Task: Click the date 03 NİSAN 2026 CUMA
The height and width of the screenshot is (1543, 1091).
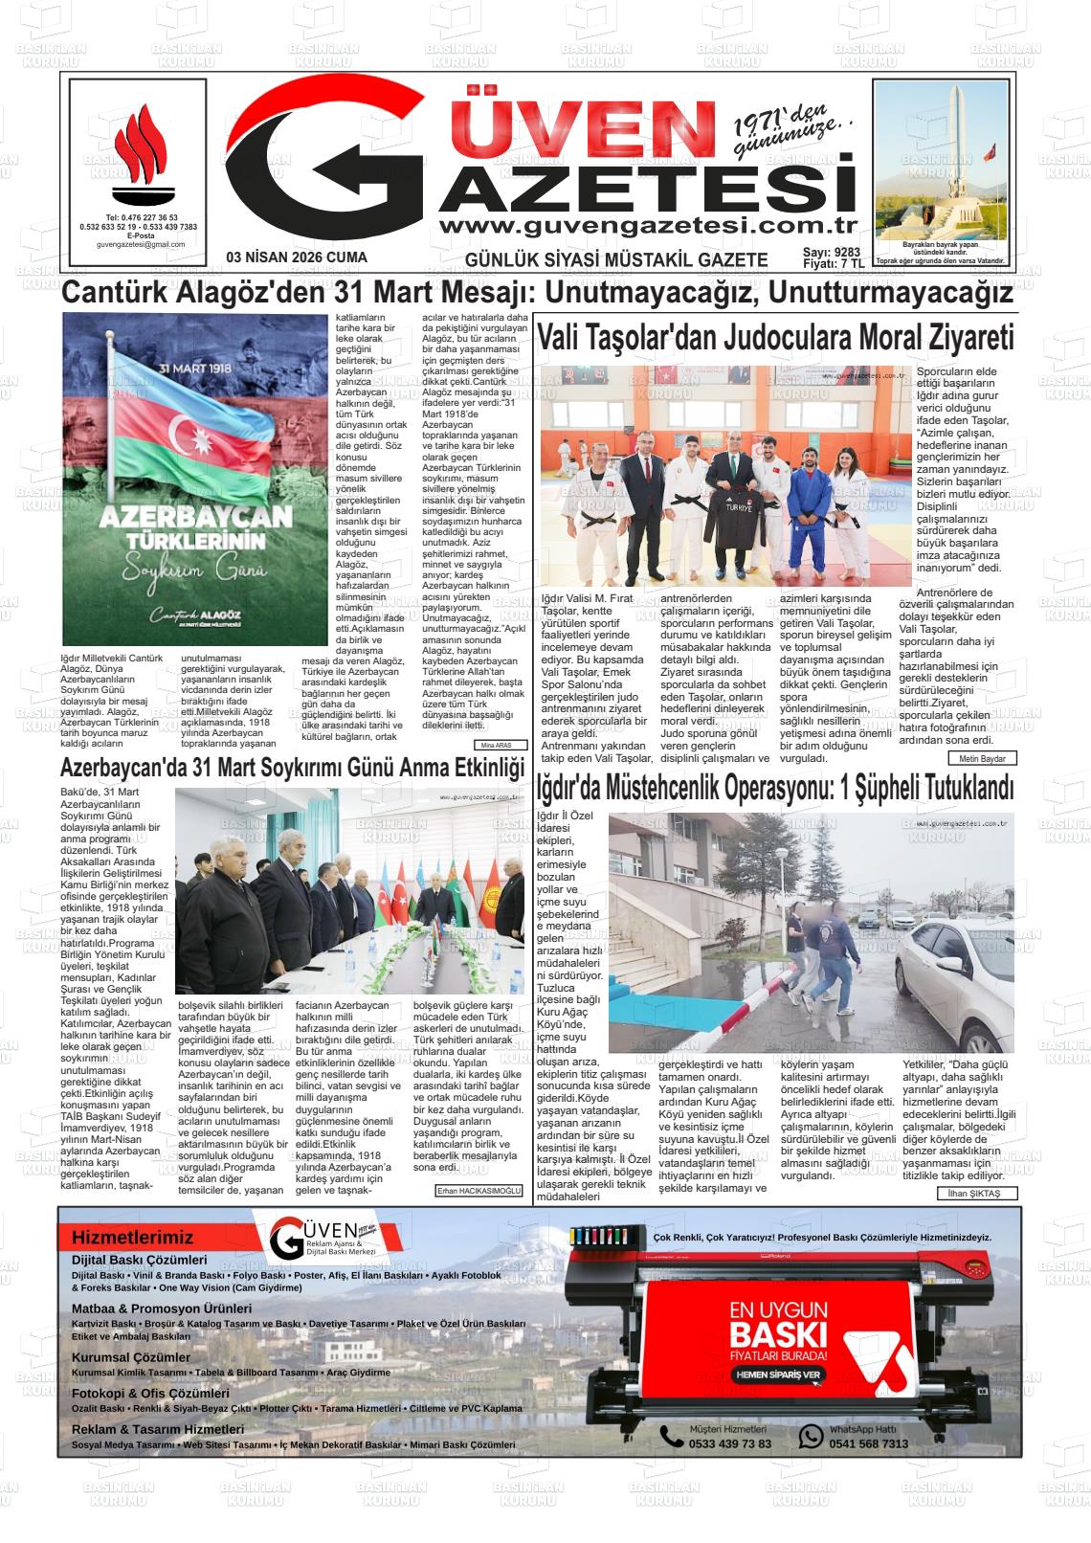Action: (x=297, y=258)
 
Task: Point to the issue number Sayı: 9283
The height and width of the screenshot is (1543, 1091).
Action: (x=832, y=253)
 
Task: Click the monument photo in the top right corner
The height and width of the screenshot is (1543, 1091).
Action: (x=942, y=161)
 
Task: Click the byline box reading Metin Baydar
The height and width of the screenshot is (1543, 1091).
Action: (x=982, y=758)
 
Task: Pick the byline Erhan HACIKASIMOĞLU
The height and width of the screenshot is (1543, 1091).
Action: (x=479, y=1191)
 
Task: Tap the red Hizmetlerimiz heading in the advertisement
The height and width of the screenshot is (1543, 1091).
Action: (x=132, y=1238)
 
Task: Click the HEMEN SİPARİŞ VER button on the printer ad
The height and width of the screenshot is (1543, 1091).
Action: (x=778, y=1375)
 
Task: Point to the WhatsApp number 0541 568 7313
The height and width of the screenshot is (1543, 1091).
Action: (x=868, y=1443)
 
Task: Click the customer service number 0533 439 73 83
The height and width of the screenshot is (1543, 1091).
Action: (x=729, y=1443)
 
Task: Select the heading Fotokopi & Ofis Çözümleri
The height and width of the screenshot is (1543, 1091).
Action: (x=150, y=1394)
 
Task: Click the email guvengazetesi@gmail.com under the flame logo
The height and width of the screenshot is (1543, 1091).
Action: (x=141, y=244)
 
